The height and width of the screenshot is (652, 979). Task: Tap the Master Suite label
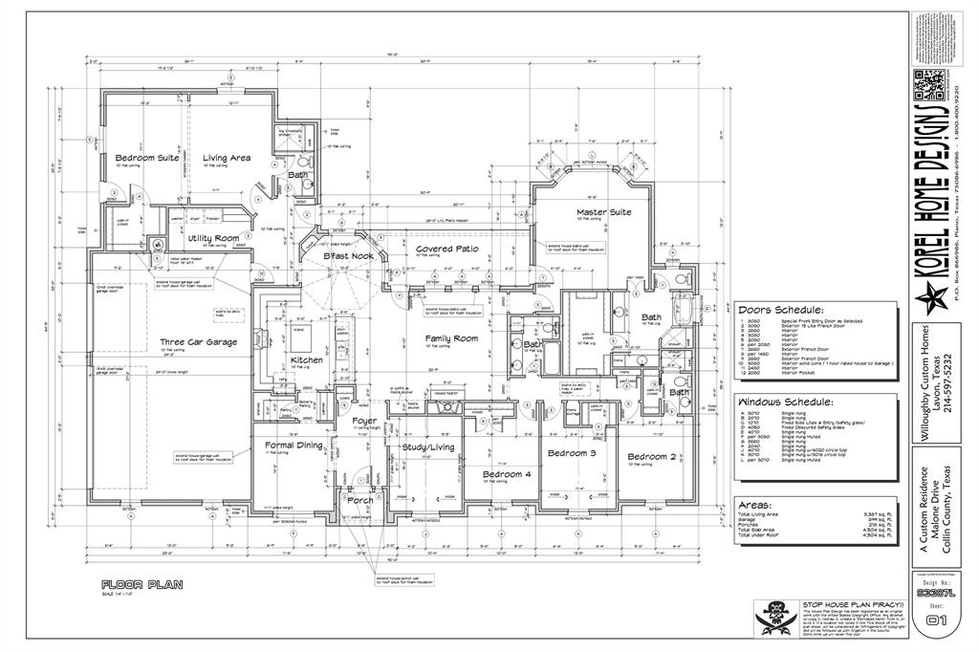[603, 212]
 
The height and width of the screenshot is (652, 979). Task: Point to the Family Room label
[451, 338]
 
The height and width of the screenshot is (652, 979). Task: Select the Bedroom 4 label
[506, 474]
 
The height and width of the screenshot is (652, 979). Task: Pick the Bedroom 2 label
[651, 457]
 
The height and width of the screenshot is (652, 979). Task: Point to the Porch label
[360, 500]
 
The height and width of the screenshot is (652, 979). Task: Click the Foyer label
[363, 421]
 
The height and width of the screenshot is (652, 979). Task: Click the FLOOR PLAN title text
[141, 584]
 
